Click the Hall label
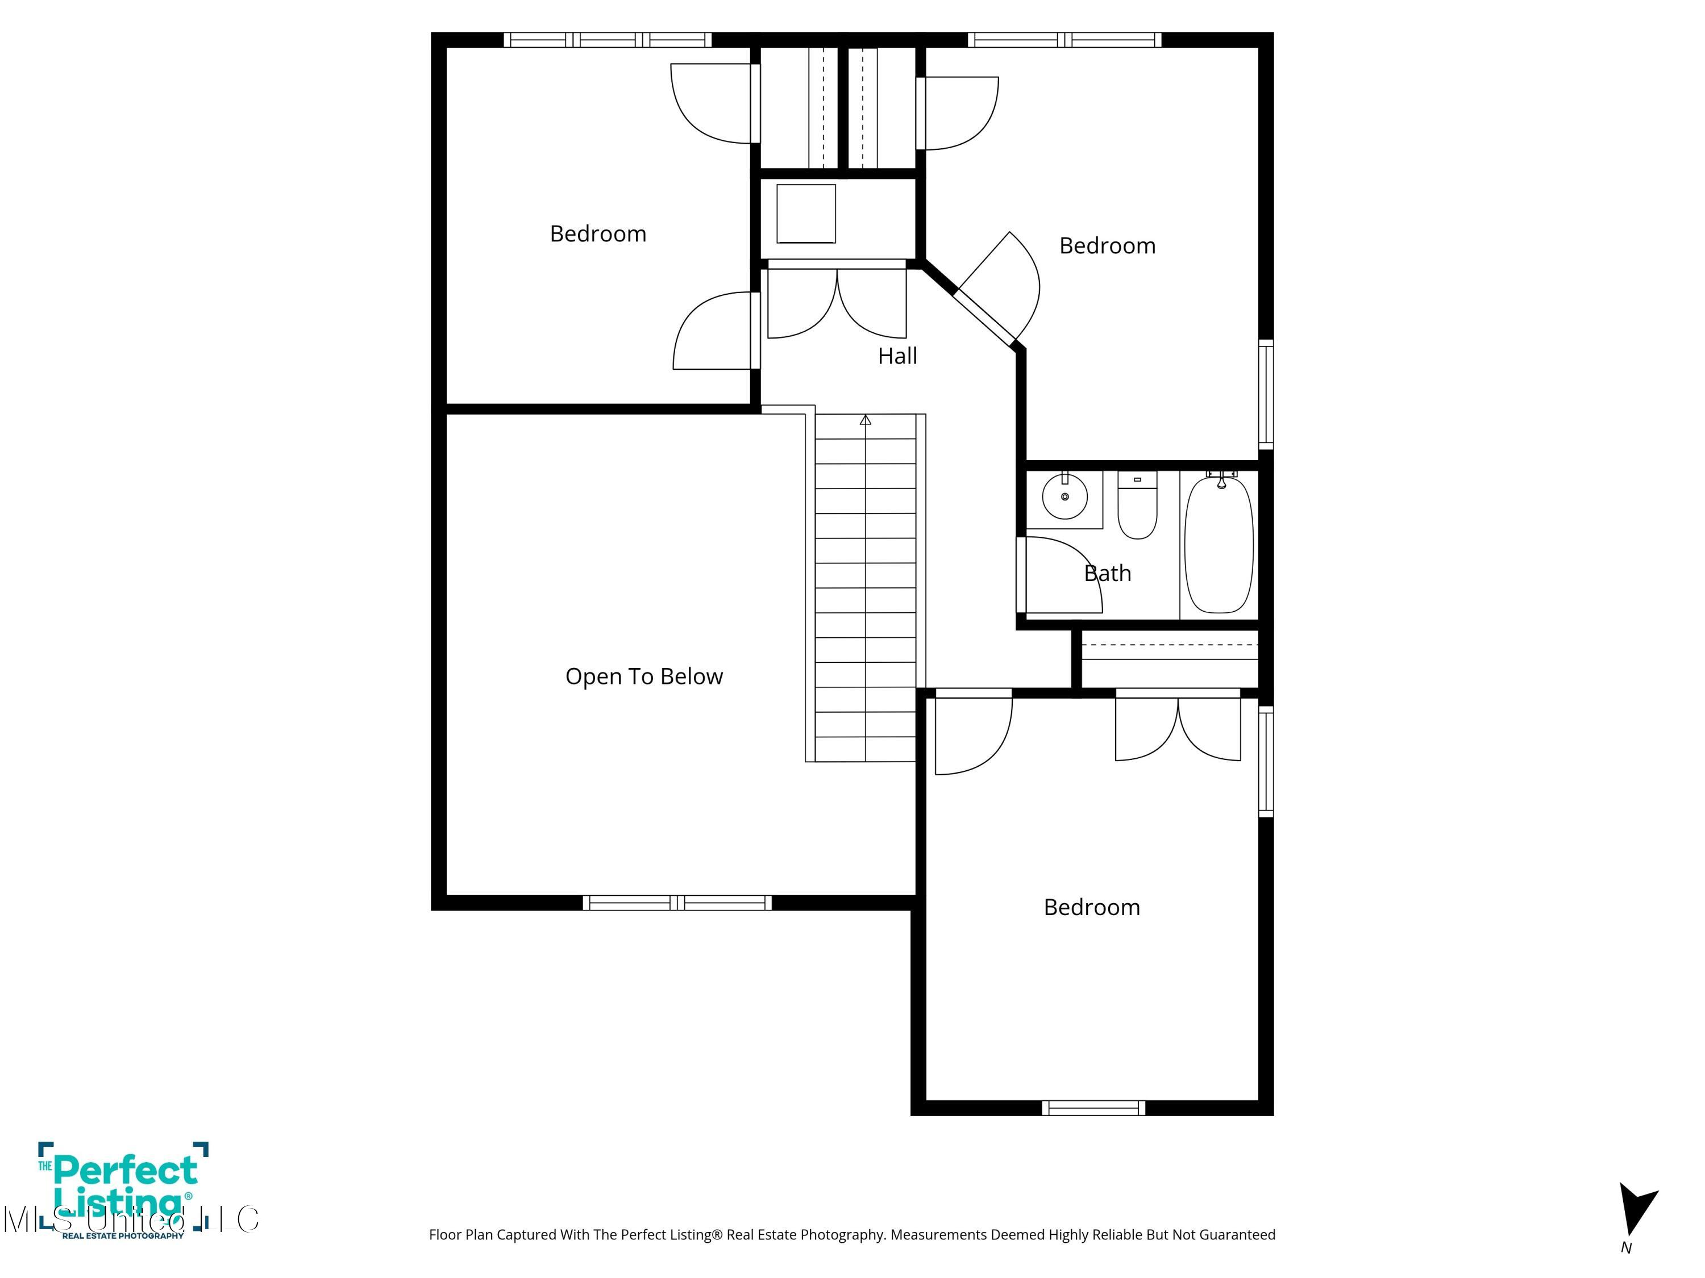[897, 356]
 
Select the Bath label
[1107, 573]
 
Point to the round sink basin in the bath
[1064, 497]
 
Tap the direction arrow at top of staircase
[866, 421]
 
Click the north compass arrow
[1635, 1208]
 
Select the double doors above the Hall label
[837, 302]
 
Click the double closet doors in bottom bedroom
[1178, 728]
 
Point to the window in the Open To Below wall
[677, 903]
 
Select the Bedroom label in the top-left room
[597, 234]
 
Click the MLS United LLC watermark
[131, 1219]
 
